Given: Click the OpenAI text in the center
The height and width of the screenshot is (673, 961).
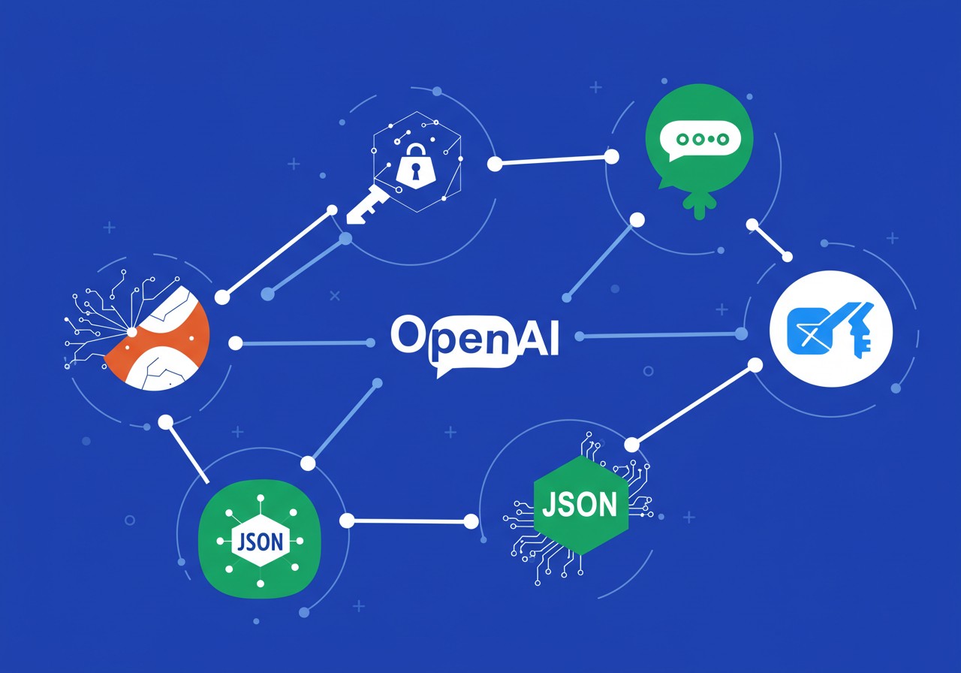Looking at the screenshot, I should tap(474, 336).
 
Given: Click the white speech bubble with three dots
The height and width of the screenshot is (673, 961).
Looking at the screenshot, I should tap(698, 140).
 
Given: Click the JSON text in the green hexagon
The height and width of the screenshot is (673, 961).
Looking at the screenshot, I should tap(580, 505).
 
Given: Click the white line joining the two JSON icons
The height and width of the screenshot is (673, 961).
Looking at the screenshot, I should tap(409, 521).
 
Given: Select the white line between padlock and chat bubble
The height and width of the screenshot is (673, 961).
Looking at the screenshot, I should tap(553, 160).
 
